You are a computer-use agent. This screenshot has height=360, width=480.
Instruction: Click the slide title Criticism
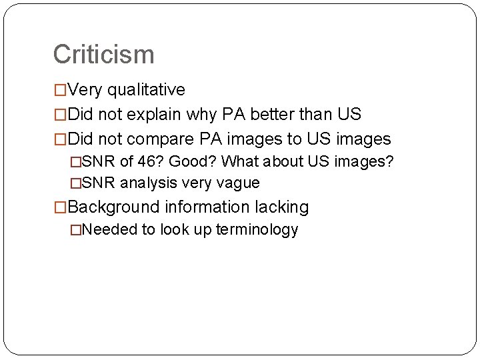pos(103,55)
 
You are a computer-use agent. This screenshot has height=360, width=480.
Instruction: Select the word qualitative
pos(146,90)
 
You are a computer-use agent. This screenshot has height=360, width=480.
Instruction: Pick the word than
pos(313,115)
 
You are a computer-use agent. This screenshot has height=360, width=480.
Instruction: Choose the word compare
pos(161,139)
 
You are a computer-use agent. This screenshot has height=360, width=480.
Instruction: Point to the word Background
pos(113,207)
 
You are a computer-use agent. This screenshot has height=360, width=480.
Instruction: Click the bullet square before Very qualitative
pos(60,90)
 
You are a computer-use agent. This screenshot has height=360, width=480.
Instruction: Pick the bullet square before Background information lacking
pos(60,207)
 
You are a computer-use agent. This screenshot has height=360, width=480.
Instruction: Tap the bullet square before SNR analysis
pos(75,183)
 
